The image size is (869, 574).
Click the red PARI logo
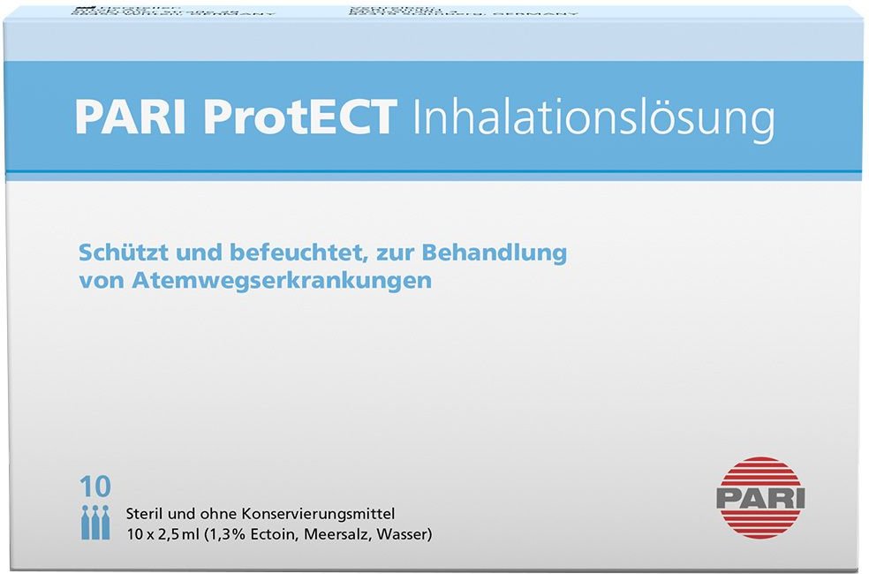click(x=759, y=496)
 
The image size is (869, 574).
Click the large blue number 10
click(x=95, y=487)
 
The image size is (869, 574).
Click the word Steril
click(x=143, y=513)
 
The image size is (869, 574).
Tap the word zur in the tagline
click(x=398, y=253)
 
